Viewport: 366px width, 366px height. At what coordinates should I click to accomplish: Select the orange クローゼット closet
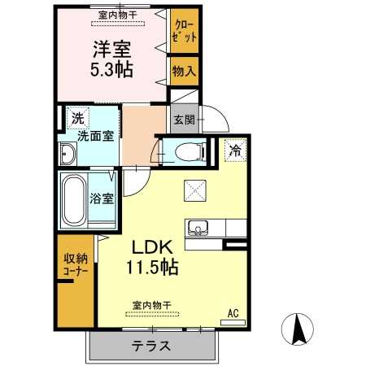pyautogui.click(x=184, y=33)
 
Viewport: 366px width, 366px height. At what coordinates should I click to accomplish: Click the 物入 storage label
pyautogui.click(x=183, y=72)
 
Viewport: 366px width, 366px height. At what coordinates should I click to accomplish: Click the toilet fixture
pyautogui.click(x=184, y=151)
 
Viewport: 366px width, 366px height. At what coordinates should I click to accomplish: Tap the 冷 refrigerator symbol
pyautogui.click(x=236, y=149)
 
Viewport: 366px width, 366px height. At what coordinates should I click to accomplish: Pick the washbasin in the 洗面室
pyautogui.click(x=68, y=152)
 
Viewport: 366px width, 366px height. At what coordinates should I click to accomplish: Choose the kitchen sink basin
pyautogui.click(x=198, y=228)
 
